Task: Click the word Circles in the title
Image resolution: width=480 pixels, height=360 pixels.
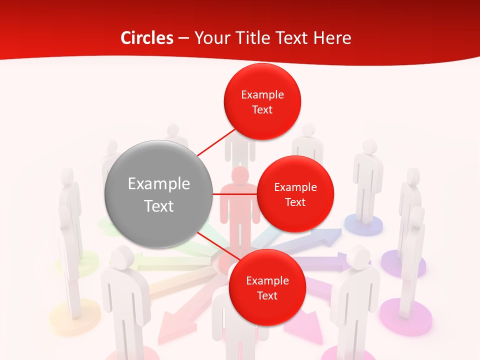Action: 146,38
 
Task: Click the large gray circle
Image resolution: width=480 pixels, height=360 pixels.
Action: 158,194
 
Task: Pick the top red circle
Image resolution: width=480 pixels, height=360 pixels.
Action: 262,101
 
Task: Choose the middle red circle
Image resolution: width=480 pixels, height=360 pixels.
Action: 295,194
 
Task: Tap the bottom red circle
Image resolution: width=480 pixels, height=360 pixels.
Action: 267,287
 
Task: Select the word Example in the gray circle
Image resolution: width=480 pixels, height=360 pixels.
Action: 158,184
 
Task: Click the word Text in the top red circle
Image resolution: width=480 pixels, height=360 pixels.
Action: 262,109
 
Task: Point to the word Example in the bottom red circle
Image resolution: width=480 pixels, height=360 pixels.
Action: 267,280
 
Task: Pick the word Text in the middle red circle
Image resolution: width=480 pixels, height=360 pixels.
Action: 295,202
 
